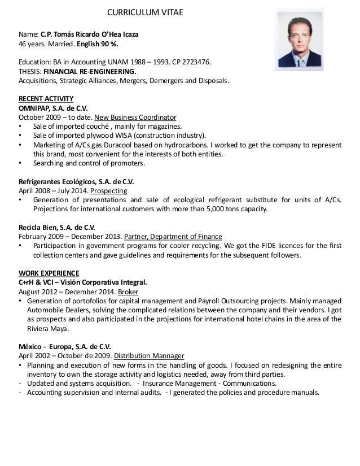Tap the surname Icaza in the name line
(128, 34)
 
